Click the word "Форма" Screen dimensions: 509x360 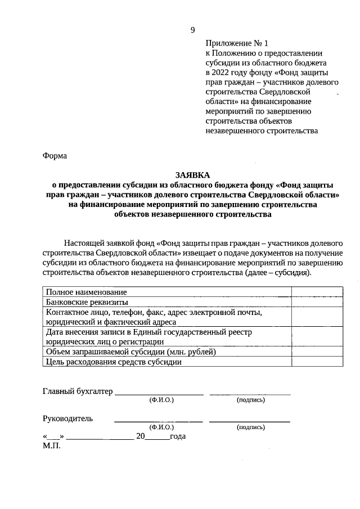pyautogui.click(x=55, y=156)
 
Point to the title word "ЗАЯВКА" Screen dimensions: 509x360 pyautogui.click(x=192, y=175)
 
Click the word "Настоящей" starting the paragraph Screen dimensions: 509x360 pyautogui.click(x=82, y=243)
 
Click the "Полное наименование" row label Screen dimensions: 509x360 pyautogui.click(x=86, y=292)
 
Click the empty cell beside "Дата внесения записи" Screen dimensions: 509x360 pyautogui.click(x=317, y=336)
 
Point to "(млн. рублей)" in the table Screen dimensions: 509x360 pyautogui.click(x=192, y=352)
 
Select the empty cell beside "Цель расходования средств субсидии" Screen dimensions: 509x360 pyautogui.click(x=317, y=362)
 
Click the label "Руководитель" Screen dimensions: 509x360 pyautogui.click(x=68, y=418)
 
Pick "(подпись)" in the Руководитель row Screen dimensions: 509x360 pyautogui.click(x=251, y=427)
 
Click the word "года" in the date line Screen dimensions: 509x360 pyautogui.click(x=178, y=436)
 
